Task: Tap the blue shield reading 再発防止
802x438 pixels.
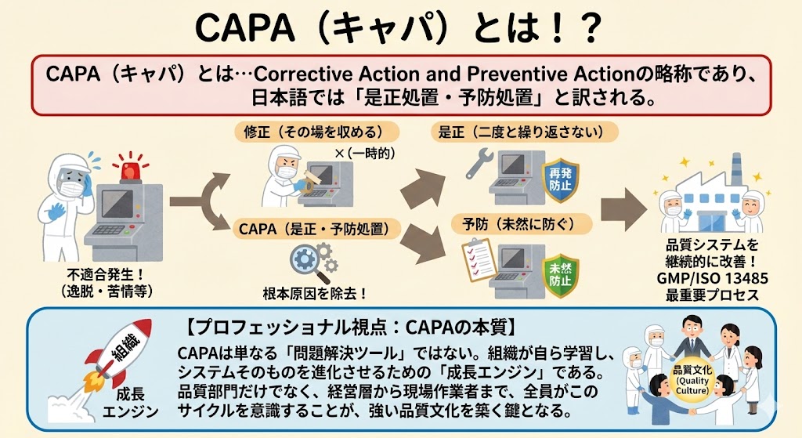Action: (560, 179)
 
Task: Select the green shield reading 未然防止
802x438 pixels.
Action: (559, 275)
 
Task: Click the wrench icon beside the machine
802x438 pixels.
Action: (479, 163)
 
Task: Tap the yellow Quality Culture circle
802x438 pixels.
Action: (692, 380)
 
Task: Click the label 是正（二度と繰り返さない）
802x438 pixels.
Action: (523, 132)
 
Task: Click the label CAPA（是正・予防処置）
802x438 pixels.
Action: (313, 228)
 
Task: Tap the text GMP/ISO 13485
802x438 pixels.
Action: (712, 278)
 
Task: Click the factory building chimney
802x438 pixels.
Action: (735, 169)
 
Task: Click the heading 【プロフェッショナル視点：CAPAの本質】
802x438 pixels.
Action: (351, 328)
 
